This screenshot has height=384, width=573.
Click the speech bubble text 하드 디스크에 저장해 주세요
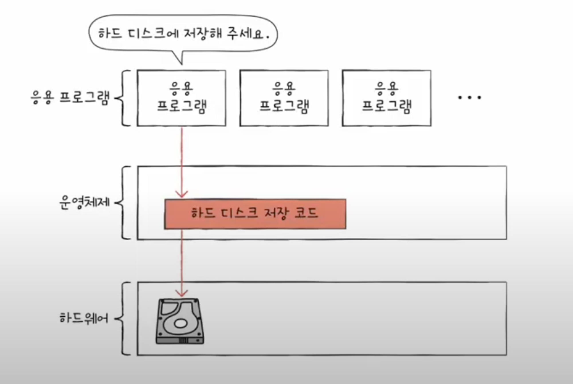[x=183, y=34]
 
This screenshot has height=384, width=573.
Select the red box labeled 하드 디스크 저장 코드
[x=255, y=214]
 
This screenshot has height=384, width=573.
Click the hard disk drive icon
[x=180, y=321]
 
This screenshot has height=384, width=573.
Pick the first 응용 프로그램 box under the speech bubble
[x=181, y=98]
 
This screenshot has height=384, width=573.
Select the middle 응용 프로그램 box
[x=284, y=98]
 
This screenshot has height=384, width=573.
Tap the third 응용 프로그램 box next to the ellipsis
[x=386, y=98]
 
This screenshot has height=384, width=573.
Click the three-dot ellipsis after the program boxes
[x=469, y=98]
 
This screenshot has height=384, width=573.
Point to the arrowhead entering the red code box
[x=182, y=195]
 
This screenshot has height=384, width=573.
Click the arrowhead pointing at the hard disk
[x=182, y=294]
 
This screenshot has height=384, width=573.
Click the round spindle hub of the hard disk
[x=180, y=324]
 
